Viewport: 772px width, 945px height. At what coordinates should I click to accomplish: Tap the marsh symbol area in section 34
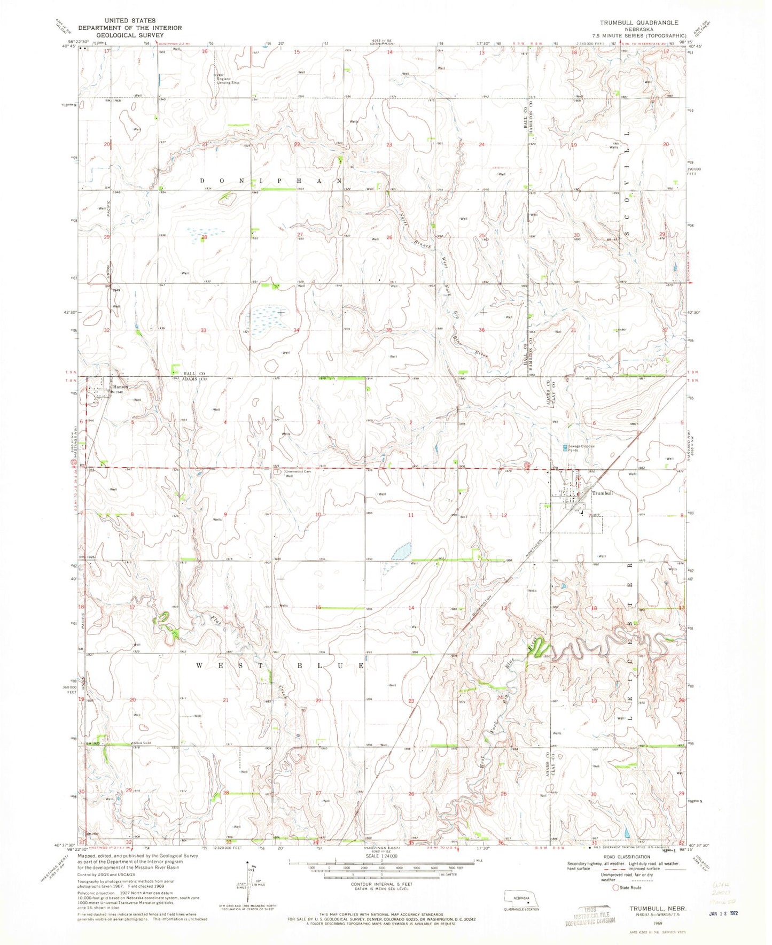click(x=267, y=319)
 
